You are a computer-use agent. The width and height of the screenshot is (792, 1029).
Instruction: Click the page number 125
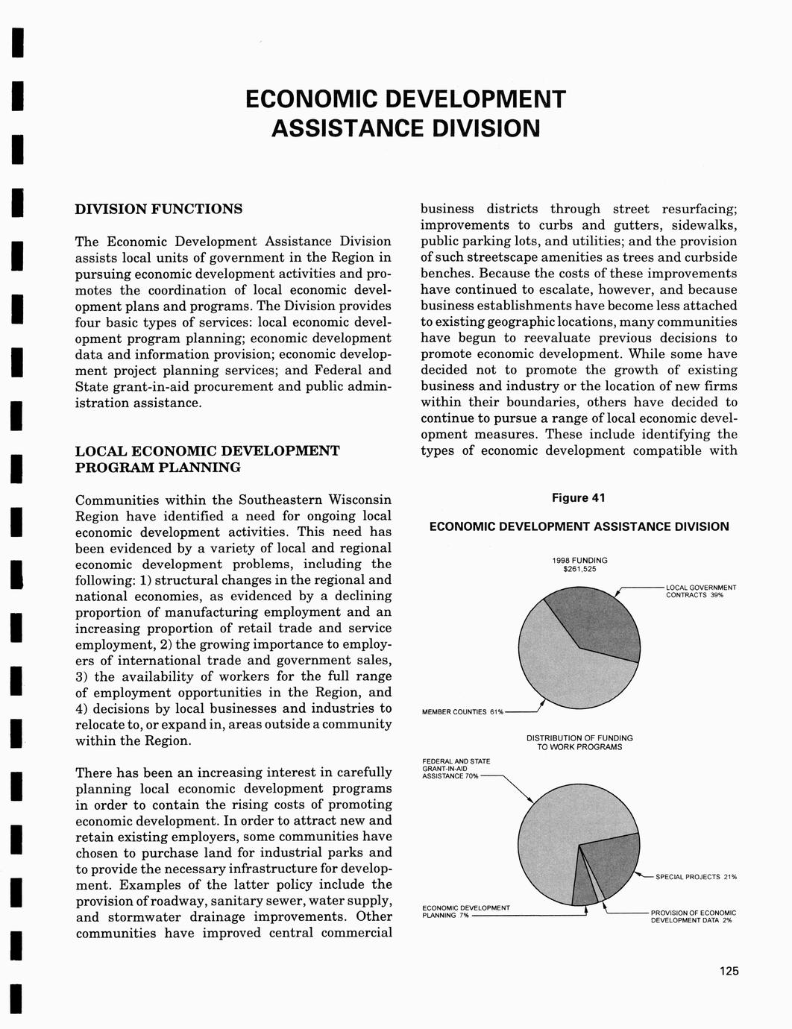pyautogui.click(x=729, y=971)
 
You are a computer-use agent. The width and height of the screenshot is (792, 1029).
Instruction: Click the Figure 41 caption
pyautogui.click(x=579, y=498)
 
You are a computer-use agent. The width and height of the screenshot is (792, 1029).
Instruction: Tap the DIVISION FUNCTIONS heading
pyautogui.click(x=159, y=209)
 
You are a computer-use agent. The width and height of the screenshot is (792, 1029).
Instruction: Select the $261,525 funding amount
pyautogui.click(x=579, y=570)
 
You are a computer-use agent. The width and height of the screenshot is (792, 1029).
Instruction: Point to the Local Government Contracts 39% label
pyautogui.click(x=700, y=591)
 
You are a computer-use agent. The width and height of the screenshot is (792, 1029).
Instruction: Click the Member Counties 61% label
pyautogui.click(x=462, y=712)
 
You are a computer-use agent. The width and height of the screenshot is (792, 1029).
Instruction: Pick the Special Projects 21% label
pyautogui.click(x=696, y=877)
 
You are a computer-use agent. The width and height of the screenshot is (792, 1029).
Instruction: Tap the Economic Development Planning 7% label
pyautogui.click(x=465, y=911)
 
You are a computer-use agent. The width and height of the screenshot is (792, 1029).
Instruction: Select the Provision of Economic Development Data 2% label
pyautogui.click(x=693, y=916)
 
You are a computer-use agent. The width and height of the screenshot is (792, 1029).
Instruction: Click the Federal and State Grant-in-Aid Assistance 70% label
pyautogui.click(x=456, y=769)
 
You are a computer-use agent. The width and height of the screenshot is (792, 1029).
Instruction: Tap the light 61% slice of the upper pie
pyautogui.click(x=552, y=664)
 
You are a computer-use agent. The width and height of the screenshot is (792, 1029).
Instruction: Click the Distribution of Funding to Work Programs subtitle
pyautogui.click(x=579, y=743)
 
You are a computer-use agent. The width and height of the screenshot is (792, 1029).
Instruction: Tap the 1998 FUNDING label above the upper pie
pyautogui.click(x=579, y=560)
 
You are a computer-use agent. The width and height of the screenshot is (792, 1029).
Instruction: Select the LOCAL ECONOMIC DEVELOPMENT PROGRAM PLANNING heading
pyautogui.click(x=207, y=459)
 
